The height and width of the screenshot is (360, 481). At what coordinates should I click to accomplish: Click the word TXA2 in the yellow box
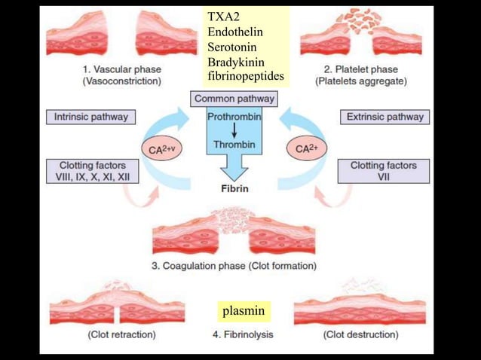(223, 16)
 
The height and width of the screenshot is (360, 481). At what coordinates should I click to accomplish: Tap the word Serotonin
(232, 46)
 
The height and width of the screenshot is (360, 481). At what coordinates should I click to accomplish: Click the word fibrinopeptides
(246, 76)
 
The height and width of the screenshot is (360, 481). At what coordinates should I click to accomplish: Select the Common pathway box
(234, 99)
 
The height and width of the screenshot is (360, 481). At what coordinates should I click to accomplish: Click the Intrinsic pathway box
(91, 117)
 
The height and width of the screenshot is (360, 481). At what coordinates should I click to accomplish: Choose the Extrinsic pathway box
(384, 117)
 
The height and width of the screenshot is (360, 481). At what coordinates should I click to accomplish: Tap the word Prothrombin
(234, 117)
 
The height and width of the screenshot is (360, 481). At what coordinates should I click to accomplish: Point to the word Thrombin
(234, 144)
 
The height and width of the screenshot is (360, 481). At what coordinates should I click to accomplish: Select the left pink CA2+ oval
(161, 149)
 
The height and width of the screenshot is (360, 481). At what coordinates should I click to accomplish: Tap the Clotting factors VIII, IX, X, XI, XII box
(91, 171)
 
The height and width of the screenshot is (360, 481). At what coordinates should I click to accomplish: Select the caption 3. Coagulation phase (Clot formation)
(234, 266)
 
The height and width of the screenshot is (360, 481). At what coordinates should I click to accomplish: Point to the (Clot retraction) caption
(122, 334)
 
